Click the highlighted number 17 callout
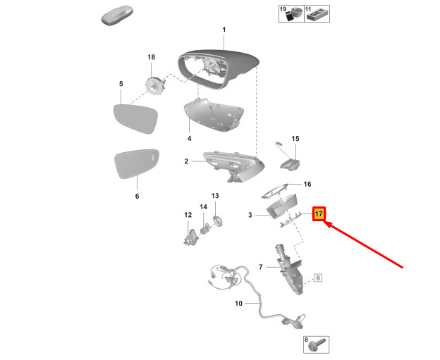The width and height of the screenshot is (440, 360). point(319,214)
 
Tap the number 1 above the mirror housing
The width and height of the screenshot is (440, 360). point(224,30)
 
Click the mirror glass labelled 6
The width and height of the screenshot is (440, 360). point(137,163)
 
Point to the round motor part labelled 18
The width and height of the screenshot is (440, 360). point(155,86)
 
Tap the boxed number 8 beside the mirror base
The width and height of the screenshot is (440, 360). point(317,278)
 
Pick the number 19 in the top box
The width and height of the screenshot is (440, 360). point(283,9)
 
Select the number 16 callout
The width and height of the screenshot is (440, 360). point(307,184)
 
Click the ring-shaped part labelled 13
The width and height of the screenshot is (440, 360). point(217,220)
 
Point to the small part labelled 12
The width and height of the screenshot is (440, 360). point(191,237)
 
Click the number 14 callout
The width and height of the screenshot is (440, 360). point(204,207)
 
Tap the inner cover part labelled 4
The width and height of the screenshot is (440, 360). point(214,114)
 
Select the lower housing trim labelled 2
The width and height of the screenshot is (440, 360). point(233,166)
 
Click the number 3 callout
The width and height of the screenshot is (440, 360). point(250,215)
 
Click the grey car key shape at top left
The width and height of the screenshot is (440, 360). point(117,15)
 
